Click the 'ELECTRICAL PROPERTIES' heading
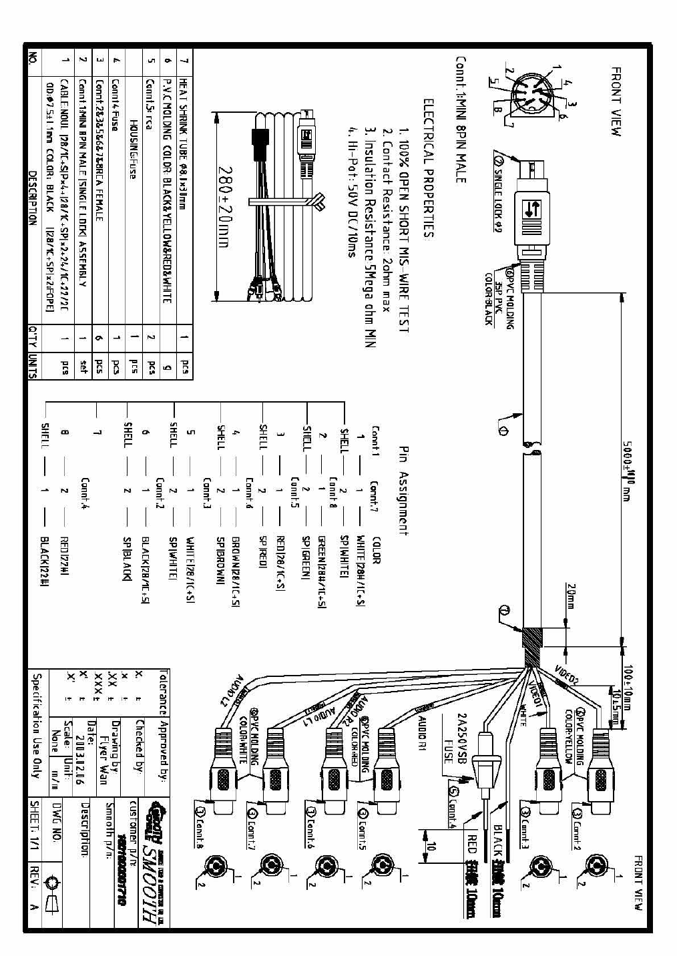[x=428, y=168]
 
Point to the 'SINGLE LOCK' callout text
[x=498, y=198]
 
